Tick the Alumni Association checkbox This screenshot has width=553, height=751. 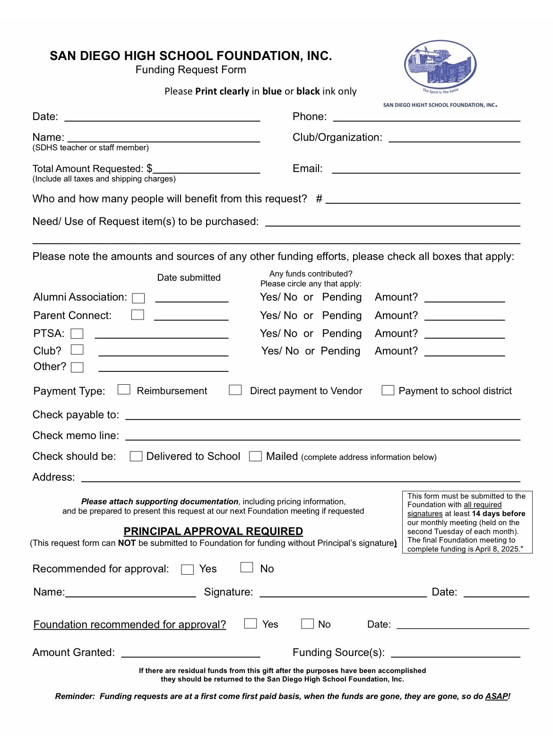pyautogui.click(x=138, y=298)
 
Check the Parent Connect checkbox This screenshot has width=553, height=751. pyautogui.click(x=138, y=315)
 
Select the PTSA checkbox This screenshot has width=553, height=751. pyautogui.click(x=77, y=334)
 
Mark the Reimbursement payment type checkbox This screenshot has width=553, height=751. pyautogui.click(x=124, y=389)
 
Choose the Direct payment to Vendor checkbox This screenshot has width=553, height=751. pyautogui.click(x=235, y=390)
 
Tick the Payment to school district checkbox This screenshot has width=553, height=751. pyautogui.click(x=388, y=390)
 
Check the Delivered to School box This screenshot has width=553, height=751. pyautogui.click(x=136, y=456)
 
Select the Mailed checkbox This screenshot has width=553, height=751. pyautogui.click(x=256, y=456)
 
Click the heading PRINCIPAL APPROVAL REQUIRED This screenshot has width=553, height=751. pyautogui.click(x=213, y=531)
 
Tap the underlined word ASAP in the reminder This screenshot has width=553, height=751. pyautogui.click(x=496, y=696)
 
